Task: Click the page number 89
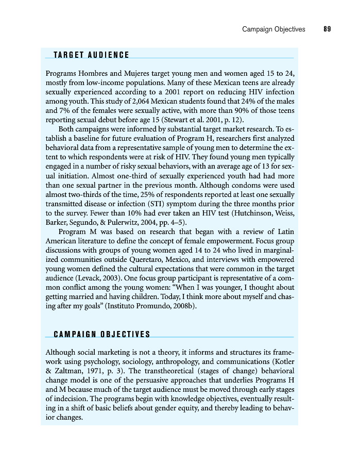[x=327, y=29]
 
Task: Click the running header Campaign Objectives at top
[x=273, y=29]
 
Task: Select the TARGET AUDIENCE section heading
[x=91, y=55]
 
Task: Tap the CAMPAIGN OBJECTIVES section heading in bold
[x=102, y=334]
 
